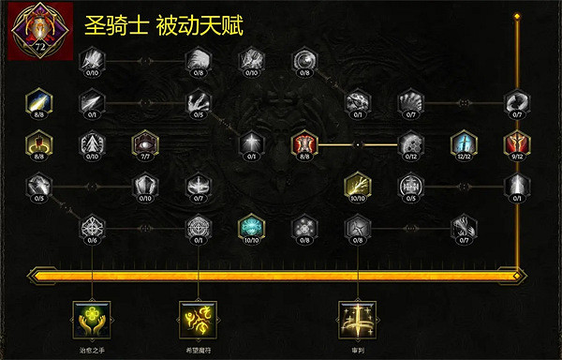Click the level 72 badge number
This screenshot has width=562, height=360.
pyautogui.click(x=39, y=44)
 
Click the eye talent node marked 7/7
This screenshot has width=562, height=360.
pyautogui.click(x=144, y=142)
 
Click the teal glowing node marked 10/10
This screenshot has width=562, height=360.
pyautogui.click(x=250, y=225)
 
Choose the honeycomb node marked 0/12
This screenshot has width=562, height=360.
pyautogui.click(x=409, y=142)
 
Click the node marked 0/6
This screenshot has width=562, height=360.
pyautogui.click(x=92, y=225)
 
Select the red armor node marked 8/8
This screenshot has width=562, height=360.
pyautogui.click(x=303, y=142)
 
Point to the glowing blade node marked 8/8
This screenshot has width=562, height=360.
pyautogui.click(x=39, y=100)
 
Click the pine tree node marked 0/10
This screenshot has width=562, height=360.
pyautogui.click(x=92, y=142)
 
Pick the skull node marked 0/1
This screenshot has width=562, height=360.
pyautogui.click(x=357, y=100)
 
